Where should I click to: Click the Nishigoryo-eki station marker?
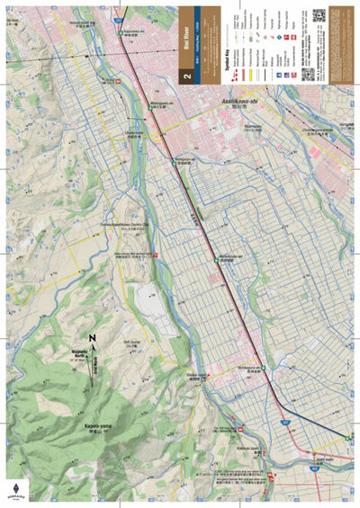(x=174, y=161)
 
